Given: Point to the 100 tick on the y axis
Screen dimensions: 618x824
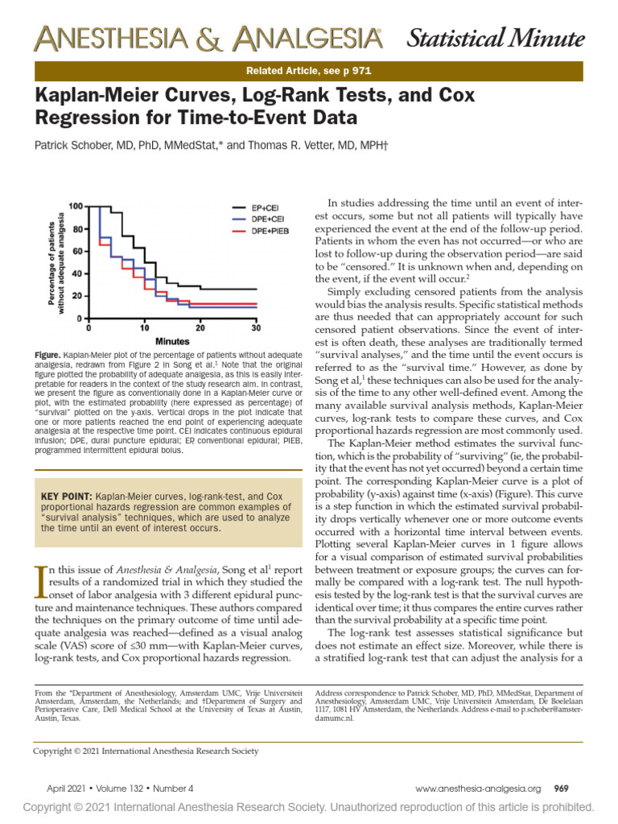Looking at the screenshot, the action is point(76,206).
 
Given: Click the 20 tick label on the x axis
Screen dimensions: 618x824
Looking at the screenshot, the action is point(200,328).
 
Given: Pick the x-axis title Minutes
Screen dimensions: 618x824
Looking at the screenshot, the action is point(172,341).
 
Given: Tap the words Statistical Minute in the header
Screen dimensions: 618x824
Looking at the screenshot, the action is point(496,39).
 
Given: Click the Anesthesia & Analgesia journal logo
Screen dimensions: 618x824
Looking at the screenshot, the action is point(208,39).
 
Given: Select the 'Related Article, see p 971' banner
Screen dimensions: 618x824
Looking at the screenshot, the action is point(309,71).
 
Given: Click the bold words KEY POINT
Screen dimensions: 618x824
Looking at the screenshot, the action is point(66,496).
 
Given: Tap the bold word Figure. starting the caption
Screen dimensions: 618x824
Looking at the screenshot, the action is point(47,355).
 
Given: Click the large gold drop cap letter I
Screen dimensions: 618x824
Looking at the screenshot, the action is point(40,583).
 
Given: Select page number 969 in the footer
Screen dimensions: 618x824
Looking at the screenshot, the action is point(561,789).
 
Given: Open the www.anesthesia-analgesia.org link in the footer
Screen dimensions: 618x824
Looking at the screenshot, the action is point(478,789).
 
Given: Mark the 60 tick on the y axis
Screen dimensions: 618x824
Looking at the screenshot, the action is point(78,251).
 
